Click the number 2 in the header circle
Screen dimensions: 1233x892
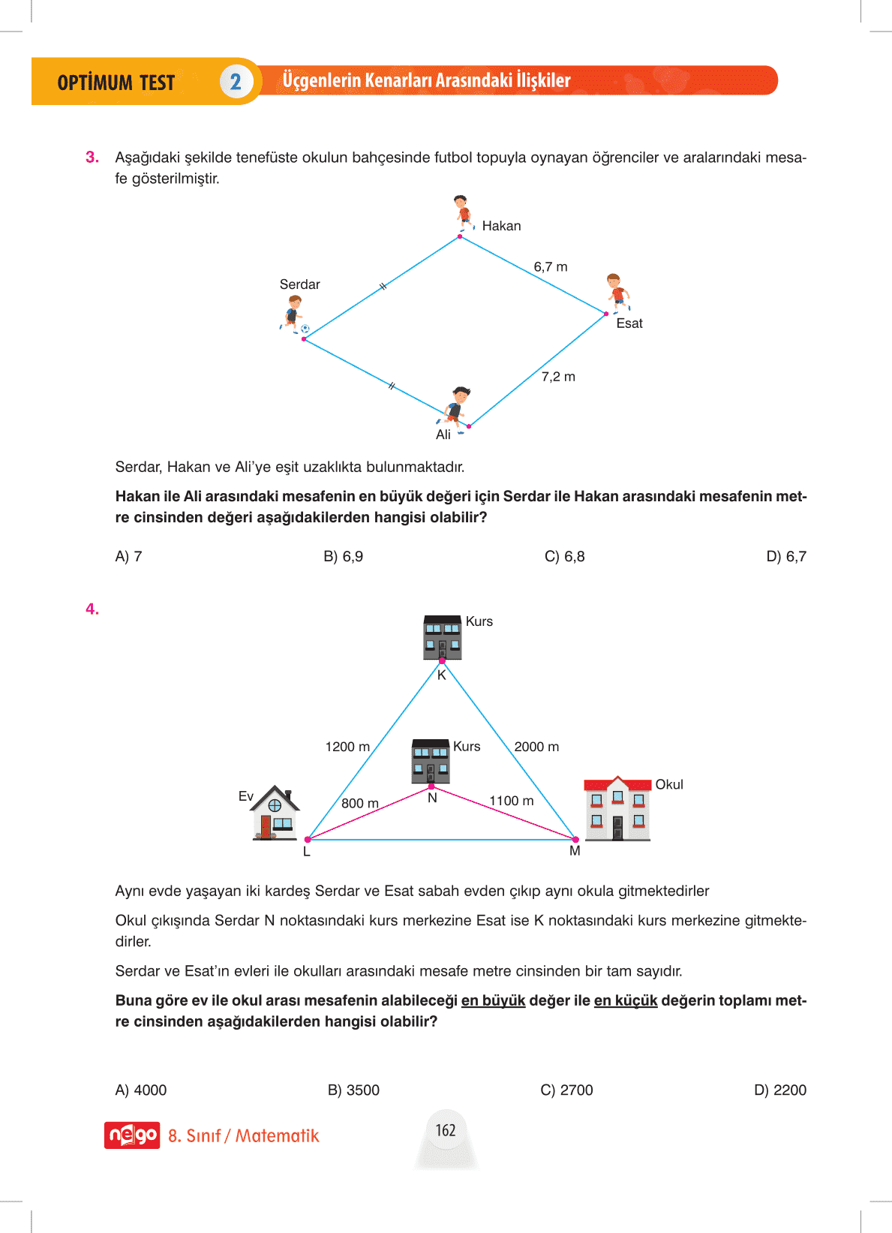236,82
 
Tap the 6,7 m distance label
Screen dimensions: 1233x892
551,267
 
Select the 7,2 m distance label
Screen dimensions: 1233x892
558,377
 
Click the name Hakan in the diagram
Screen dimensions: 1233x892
501,226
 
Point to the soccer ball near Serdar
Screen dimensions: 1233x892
305,329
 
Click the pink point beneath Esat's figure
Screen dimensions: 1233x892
606,314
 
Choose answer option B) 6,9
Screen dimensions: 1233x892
343,557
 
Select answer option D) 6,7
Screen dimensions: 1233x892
785,557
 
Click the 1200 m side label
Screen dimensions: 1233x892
347,747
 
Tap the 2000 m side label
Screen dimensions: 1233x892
536,747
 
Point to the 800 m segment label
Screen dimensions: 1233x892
360,803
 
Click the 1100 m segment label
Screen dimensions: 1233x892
512,801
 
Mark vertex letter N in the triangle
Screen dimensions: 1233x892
432,798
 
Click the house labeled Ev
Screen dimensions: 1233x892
275,813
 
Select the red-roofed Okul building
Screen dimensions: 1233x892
617,808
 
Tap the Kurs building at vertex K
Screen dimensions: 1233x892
442,637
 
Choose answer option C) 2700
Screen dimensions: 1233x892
566,1090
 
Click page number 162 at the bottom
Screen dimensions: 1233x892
446,1130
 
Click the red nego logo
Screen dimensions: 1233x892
132,1135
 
